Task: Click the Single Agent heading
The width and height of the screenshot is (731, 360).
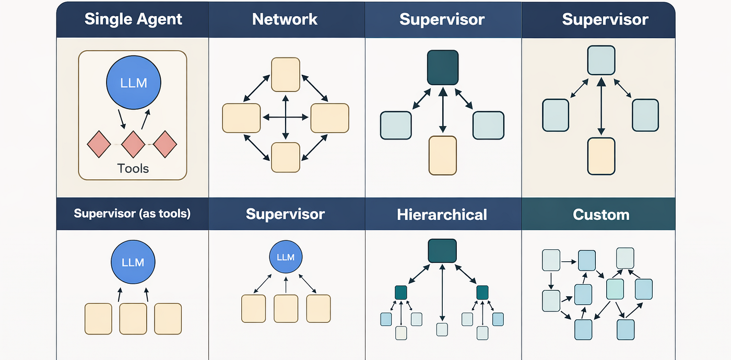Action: pos(133,19)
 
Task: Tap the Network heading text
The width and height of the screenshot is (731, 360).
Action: pos(285,19)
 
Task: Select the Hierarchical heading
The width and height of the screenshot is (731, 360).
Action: pos(442,215)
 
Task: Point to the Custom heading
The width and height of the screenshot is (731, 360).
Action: pos(601,215)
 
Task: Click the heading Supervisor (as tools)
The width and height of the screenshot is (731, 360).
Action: pos(132,214)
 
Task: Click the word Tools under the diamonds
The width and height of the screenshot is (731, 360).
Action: pos(133,169)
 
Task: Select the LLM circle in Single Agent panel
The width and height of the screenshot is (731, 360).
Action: pos(134,83)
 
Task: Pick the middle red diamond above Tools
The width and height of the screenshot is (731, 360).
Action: pos(133,144)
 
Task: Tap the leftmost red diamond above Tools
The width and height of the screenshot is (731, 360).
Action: pos(99,144)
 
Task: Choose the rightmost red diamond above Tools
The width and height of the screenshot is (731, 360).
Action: pos(165,144)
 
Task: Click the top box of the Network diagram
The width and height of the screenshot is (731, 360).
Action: pos(286,75)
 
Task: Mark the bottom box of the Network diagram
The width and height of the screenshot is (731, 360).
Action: pos(286,157)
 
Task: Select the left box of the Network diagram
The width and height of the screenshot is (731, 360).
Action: pos(241,118)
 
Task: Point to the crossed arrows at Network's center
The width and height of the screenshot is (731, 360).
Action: pos(286,117)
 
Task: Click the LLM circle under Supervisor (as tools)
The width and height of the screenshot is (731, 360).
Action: pos(133,262)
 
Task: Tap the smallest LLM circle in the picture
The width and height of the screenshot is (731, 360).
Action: pos(286,257)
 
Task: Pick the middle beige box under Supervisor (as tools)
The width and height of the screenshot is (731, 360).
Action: pos(133,319)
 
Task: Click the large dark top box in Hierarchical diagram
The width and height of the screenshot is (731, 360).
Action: pos(442,251)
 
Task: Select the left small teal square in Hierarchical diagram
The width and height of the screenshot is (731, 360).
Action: pos(401,293)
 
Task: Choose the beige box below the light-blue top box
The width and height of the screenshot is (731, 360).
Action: pos(601,156)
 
